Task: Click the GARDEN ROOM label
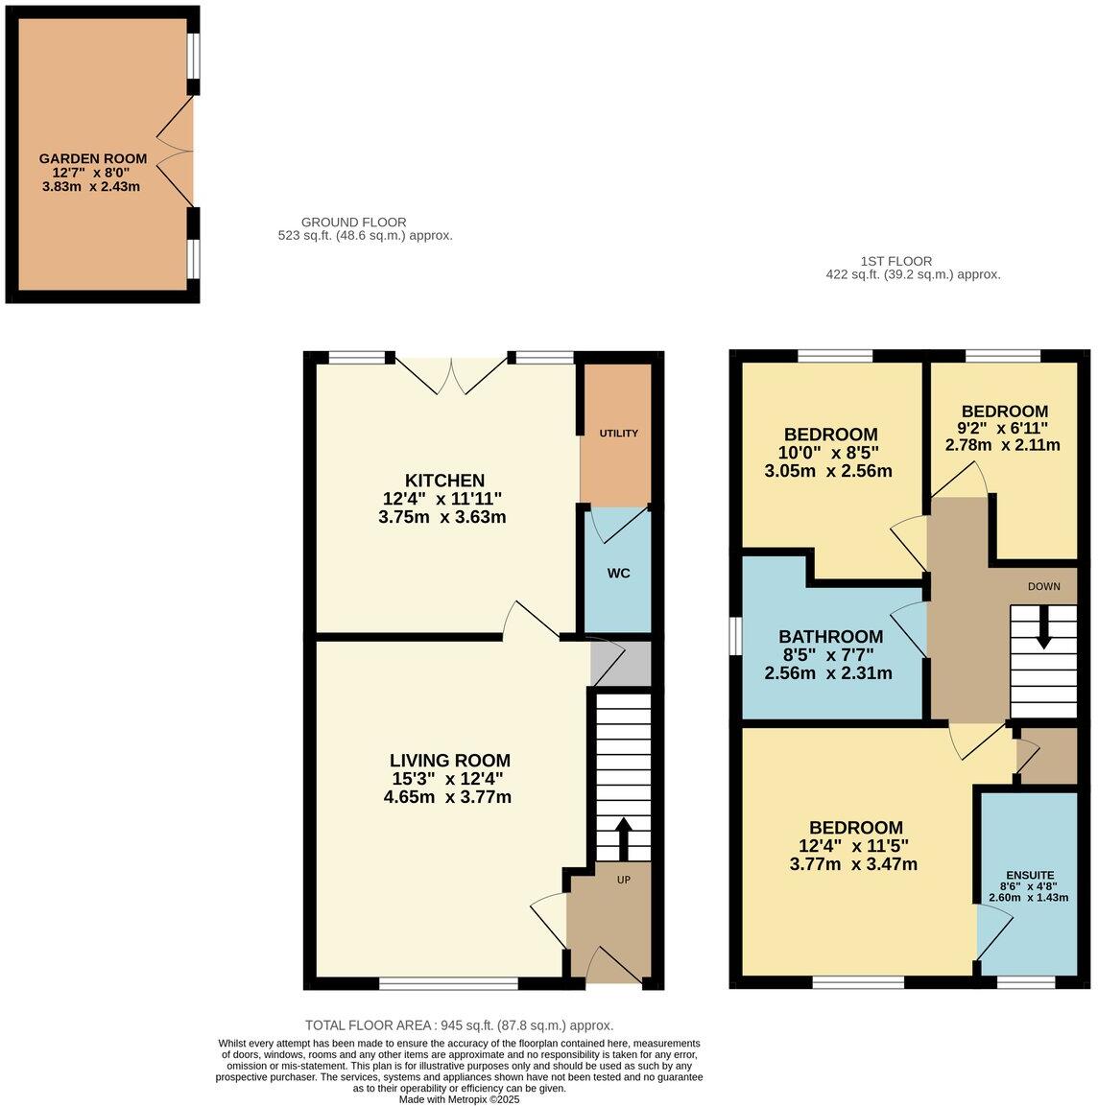[x=93, y=158]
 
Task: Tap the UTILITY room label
[x=619, y=434]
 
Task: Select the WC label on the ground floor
[x=619, y=574]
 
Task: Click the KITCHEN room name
[x=444, y=481]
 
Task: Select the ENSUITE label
[x=1030, y=876]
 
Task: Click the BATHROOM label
[x=830, y=637]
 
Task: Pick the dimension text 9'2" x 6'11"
[x=1002, y=429]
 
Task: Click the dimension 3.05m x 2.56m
[x=828, y=471]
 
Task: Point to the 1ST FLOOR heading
[x=896, y=261]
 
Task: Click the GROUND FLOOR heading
[x=354, y=223]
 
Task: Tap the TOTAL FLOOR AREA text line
[x=459, y=1025]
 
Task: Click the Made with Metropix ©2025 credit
[x=459, y=1099]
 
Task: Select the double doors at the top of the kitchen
[x=450, y=375]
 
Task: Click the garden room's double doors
[x=177, y=152]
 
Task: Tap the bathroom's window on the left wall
[x=735, y=636]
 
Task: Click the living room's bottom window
[x=448, y=983]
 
